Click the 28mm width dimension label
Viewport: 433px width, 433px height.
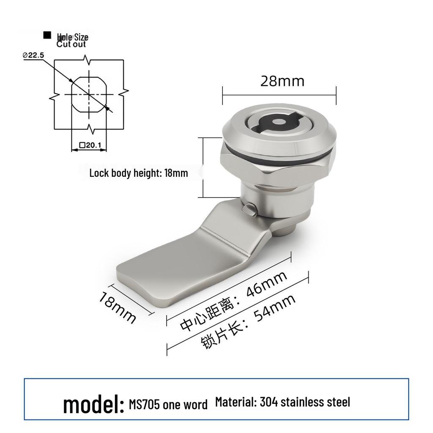[282, 81]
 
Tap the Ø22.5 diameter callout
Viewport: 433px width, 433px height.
[33, 55]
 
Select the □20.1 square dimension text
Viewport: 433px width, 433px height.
[90, 145]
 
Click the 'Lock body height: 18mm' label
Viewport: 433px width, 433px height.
[139, 173]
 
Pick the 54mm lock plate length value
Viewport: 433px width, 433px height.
[275, 308]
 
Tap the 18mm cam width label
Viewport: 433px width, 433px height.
[117, 308]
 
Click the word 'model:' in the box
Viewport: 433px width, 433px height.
[93, 405]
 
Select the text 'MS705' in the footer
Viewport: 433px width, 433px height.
[144, 405]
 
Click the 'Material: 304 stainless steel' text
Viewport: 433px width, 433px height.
[282, 402]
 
